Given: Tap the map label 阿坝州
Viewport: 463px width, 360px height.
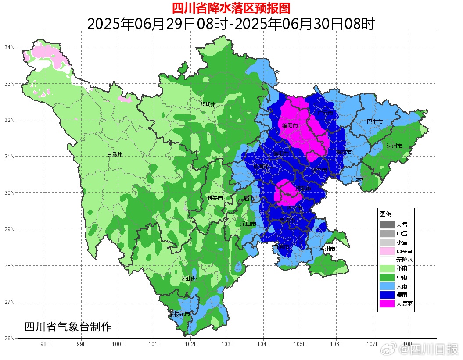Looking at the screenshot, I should [208, 104].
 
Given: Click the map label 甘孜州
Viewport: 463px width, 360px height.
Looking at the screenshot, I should [115, 155].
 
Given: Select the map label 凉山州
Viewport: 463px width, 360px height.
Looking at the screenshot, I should [190, 279].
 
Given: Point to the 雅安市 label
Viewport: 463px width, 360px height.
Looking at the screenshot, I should [215, 198].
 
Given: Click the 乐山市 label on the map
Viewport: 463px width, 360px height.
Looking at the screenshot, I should [248, 224].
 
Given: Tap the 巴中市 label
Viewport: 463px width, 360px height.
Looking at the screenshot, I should [374, 121].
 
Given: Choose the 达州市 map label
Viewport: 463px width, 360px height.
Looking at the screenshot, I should [394, 146].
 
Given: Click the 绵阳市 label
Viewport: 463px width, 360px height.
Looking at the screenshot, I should [290, 126].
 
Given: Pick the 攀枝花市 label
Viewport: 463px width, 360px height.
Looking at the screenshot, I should [179, 314].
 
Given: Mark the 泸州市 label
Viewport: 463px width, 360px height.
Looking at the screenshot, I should [327, 249].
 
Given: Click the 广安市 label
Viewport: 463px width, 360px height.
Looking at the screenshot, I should [359, 178].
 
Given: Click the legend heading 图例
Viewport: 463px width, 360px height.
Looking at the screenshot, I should [386, 214].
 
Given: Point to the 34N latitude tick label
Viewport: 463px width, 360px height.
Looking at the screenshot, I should [9, 47].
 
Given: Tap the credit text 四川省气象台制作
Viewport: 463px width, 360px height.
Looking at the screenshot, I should [68, 327].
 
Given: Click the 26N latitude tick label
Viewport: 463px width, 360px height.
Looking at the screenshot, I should [9, 338].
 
